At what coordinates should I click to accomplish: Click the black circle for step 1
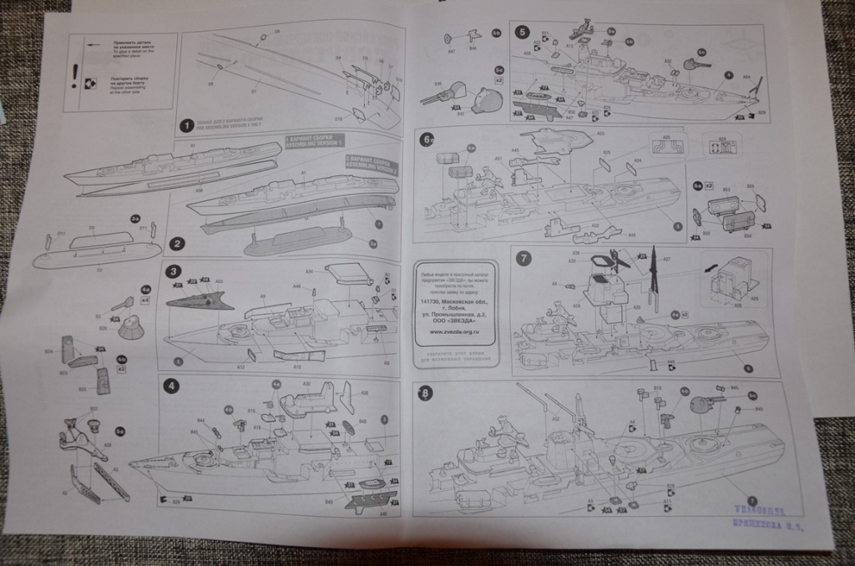[x=186, y=127]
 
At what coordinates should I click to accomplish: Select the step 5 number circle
[x=522, y=33]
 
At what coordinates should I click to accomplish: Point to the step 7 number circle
[x=524, y=258]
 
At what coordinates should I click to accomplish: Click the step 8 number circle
[x=426, y=392]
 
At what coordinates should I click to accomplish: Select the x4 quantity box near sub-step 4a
[x=145, y=299]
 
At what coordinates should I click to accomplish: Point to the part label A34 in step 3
[x=309, y=271]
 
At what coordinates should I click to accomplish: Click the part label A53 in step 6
[x=600, y=134]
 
